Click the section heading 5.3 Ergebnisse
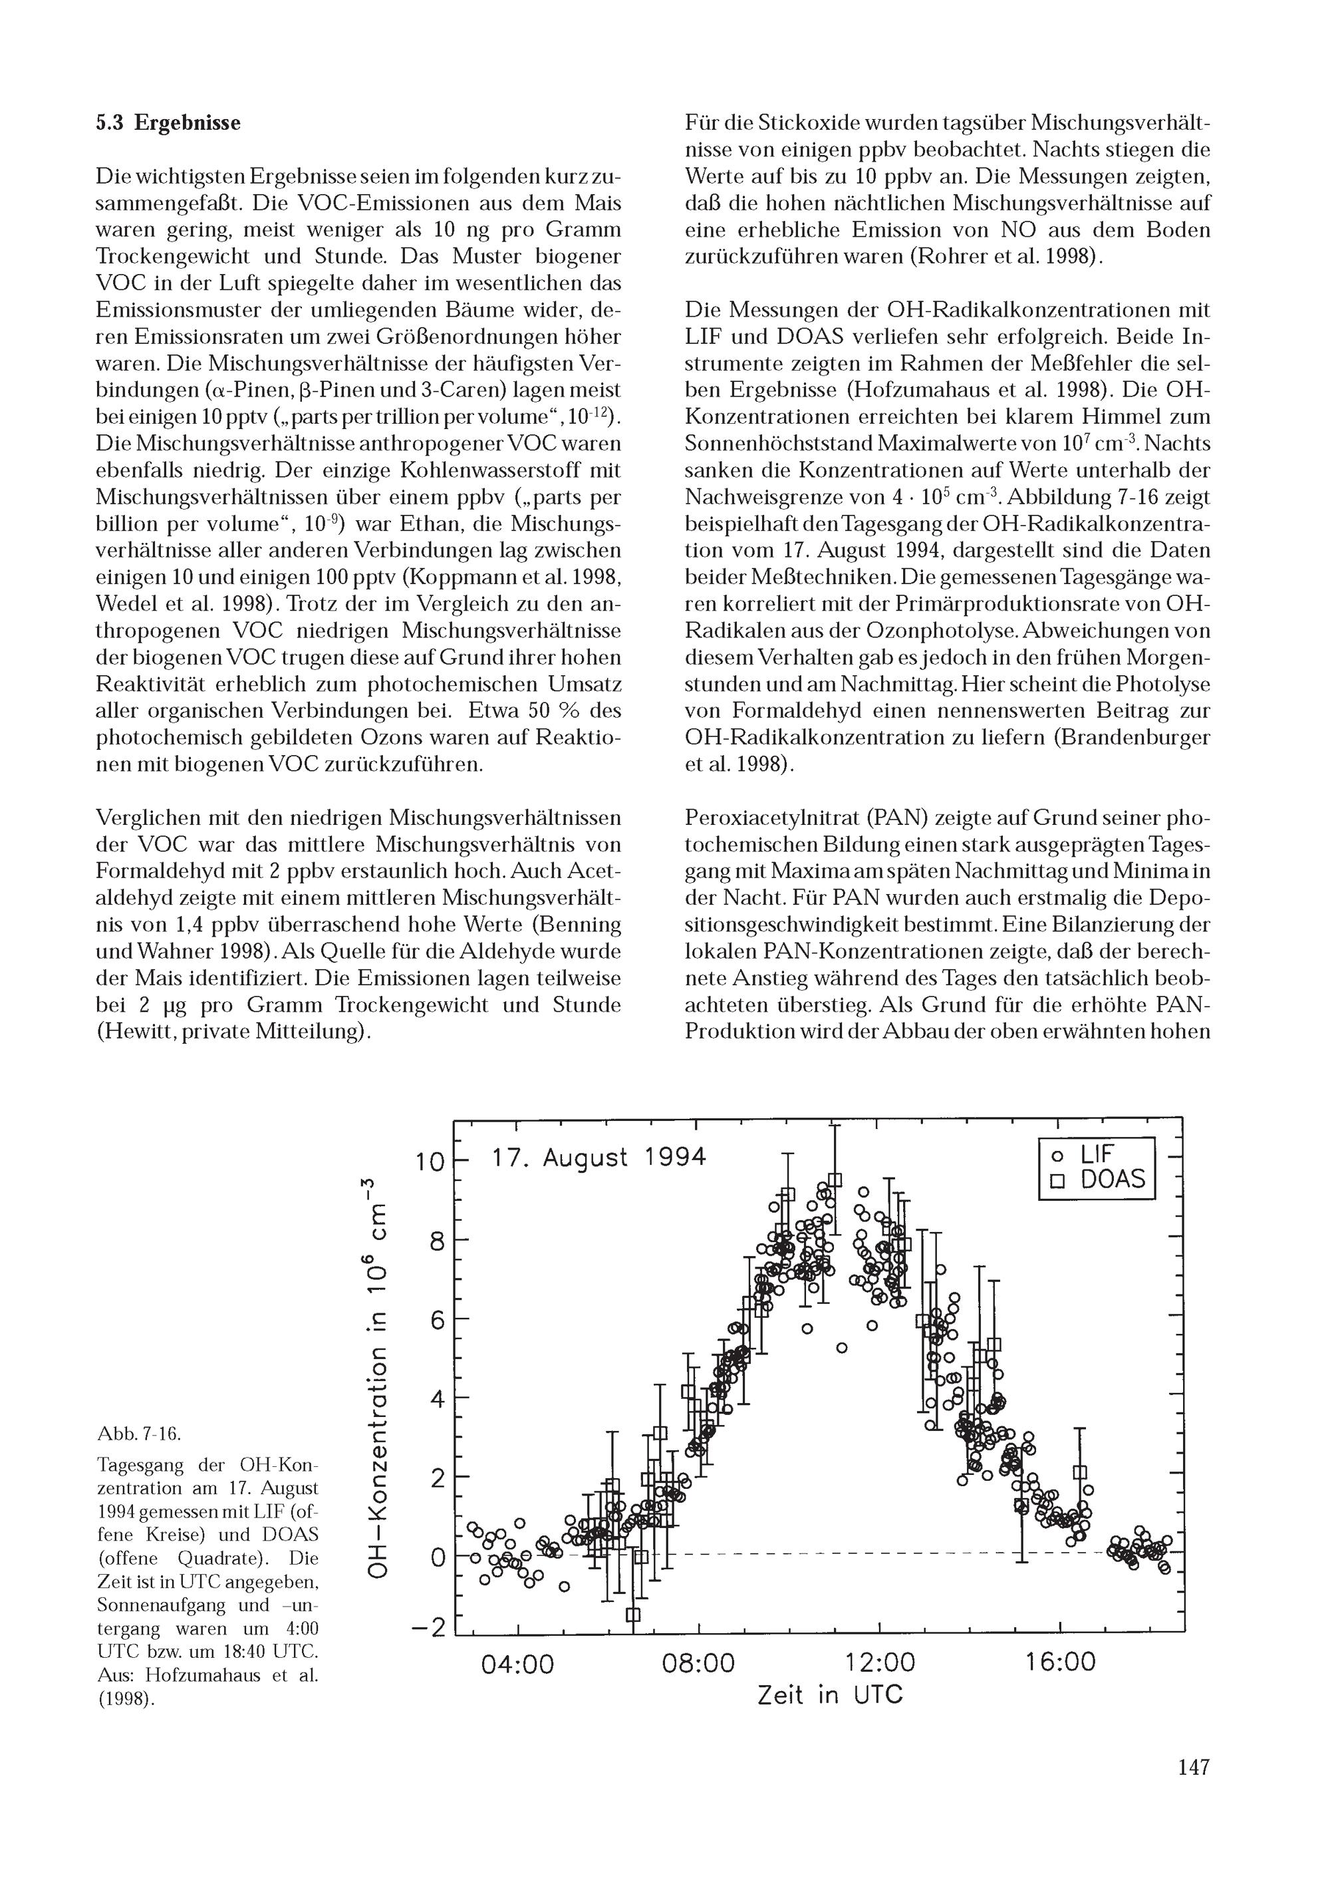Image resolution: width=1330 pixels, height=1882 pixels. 168,123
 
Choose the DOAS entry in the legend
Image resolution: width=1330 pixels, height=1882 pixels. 1100,1180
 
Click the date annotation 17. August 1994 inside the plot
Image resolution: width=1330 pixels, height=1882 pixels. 598,1158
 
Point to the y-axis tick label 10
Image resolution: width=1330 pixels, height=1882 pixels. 430,1162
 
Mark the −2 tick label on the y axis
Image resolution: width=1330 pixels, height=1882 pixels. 428,1604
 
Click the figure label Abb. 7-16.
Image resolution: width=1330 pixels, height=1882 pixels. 138,1434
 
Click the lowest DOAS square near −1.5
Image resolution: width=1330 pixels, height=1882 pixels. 632,1592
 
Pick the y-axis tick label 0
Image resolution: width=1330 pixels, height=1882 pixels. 437,1557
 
